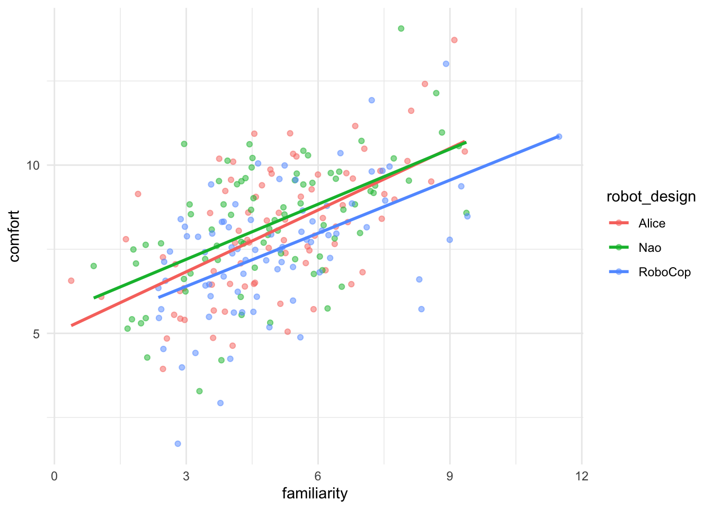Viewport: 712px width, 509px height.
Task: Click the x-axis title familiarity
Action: click(x=315, y=494)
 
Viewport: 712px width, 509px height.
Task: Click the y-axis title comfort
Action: click(x=14, y=235)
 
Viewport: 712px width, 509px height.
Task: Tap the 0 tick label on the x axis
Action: click(x=54, y=476)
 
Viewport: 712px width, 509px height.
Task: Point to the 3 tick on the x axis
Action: click(x=186, y=476)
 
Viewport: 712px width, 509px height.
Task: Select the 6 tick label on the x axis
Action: click(x=318, y=476)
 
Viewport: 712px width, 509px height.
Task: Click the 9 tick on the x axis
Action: click(x=450, y=476)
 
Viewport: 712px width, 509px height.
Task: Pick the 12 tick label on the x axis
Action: click(x=581, y=476)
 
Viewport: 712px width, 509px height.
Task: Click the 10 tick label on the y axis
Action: click(x=33, y=165)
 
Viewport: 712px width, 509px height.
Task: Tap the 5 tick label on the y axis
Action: click(x=36, y=334)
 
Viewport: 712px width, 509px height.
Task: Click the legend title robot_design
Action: click(x=651, y=197)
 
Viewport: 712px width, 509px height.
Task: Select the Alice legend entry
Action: click(x=652, y=223)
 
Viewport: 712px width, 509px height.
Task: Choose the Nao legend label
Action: click(x=649, y=248)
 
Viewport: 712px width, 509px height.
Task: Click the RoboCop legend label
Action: click(x=664, y=273)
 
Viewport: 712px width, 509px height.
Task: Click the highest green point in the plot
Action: click(x=401, y=29)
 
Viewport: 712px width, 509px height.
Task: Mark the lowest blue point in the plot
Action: click(x=177, y=443)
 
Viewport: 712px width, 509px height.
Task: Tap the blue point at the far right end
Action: click(x=559, y=136)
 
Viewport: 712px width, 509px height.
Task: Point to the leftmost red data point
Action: click(x=71, y=280)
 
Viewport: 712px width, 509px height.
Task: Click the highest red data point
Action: click(x=454, y=40)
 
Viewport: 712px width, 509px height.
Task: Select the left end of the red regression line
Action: click(x=72, y=325)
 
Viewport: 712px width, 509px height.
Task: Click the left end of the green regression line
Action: click(x=94, y=298)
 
